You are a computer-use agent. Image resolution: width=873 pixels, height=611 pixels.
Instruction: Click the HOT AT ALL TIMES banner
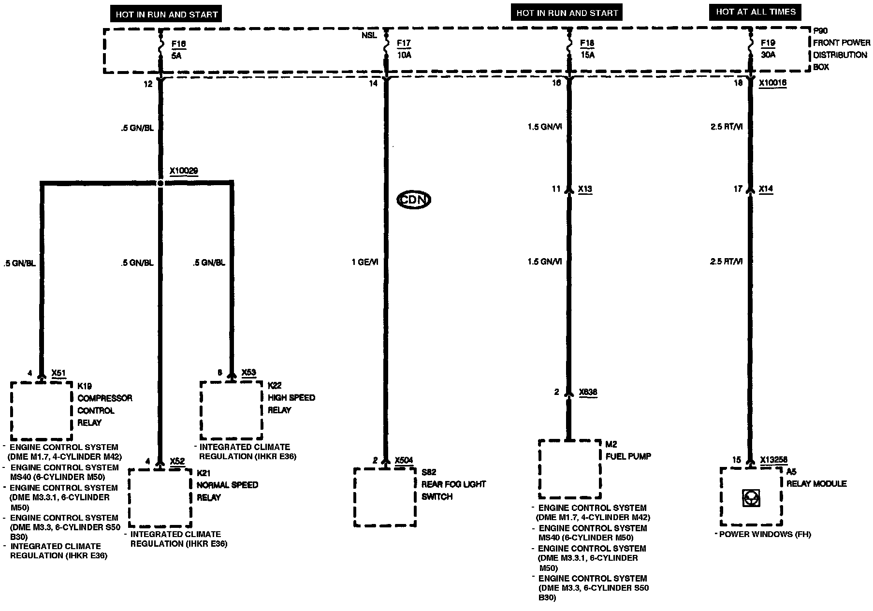[x=756, y=12]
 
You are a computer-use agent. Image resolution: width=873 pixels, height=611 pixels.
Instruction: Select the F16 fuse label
[x=178, y=44]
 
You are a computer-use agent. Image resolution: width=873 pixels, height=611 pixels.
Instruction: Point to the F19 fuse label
[x=768, y=43]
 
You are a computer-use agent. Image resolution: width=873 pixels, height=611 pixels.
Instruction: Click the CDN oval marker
[x=414, y=200]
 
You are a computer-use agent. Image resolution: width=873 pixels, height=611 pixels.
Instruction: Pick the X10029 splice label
[x=184, y=171]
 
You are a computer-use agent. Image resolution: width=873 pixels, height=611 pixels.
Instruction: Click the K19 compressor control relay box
[x=42, y=410]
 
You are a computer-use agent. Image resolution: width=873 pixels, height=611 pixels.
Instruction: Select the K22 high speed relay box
[x=232, y=410]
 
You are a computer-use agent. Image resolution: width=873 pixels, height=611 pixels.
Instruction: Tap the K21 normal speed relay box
[x=160, y=497]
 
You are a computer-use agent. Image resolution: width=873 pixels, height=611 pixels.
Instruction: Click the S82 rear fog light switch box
[x=385, y=497]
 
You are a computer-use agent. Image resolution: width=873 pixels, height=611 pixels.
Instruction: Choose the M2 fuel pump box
[x=569, y=469]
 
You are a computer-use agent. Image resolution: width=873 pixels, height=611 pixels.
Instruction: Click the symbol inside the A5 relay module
[x=751, y=498]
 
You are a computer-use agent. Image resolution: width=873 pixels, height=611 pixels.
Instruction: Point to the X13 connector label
[x=585, y=189]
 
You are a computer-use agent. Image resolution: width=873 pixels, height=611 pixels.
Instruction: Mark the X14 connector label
[x=766, y=189]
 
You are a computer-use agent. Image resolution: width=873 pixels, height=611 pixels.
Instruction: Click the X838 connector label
[x=588, y=392]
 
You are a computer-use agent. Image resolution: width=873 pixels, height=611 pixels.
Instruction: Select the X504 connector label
[x=404, y=460]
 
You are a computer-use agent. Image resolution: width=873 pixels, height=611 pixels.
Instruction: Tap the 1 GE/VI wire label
[x=365, y=262]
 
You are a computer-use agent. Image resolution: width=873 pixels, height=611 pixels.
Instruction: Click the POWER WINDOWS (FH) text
[x=765, y=534]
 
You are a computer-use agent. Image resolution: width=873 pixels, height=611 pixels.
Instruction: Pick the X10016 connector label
[x=772, y=83]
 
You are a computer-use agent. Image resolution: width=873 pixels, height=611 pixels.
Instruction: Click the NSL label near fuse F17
[x=369, y=35]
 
